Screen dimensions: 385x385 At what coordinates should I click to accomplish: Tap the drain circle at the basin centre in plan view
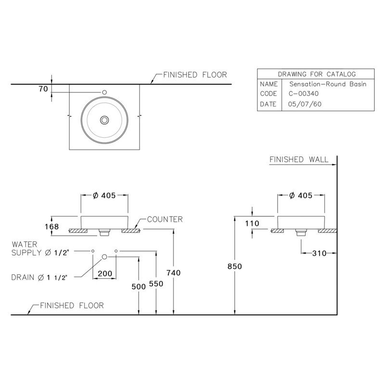tap(104, 120)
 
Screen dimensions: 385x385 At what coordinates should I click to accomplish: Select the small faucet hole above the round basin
tap(104, 92)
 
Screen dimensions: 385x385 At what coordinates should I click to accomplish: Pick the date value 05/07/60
tap(301, 104)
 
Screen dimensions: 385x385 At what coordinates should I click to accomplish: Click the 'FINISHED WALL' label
tap(298, 159)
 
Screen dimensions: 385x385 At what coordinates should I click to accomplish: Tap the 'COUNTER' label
tap(165, 219)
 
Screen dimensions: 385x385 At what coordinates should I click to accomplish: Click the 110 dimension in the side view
tap(252, 223)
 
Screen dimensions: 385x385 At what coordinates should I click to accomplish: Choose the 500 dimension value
tap(139, 286)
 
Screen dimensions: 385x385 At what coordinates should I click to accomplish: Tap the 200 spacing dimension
tap(105, 273)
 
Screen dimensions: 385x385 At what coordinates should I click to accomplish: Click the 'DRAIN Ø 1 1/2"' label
tap(40, 277)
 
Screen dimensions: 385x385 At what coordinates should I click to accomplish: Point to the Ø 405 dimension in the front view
tap(104, 195)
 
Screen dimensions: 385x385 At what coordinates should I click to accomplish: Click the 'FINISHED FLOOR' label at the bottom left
tap(71, 305)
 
